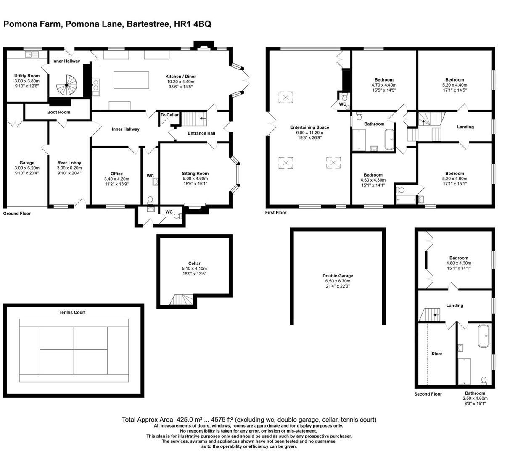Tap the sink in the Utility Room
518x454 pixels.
(31, 54)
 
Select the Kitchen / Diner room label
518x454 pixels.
(180, 77)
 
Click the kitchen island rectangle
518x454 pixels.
(131, 80)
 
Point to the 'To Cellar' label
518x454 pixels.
(169, 115)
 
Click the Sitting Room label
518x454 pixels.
(195, 173)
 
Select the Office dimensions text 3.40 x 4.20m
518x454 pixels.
(116, 179)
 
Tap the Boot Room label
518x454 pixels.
(58, 112)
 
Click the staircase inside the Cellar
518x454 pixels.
(182, 299)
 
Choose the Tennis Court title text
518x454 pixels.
(72, 312)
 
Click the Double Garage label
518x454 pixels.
(338, 276)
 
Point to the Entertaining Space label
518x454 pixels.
(309, 127)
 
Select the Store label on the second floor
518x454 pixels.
(437, 354)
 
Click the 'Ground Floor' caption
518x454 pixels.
(17, 214)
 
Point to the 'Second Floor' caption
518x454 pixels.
(428, 394)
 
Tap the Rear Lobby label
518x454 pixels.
(69, 163)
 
